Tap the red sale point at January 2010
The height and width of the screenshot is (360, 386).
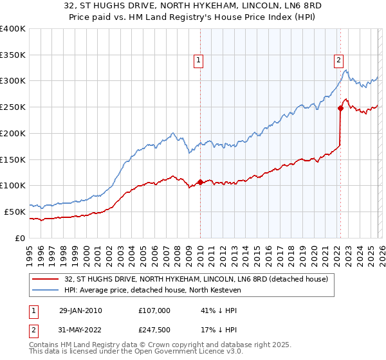(200, 182)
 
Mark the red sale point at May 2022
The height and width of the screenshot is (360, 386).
(340, 108)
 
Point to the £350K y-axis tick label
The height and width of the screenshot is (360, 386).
(13, 55)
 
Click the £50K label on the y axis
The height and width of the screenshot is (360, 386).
(15, 212)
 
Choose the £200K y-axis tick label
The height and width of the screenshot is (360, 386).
(13, 134)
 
